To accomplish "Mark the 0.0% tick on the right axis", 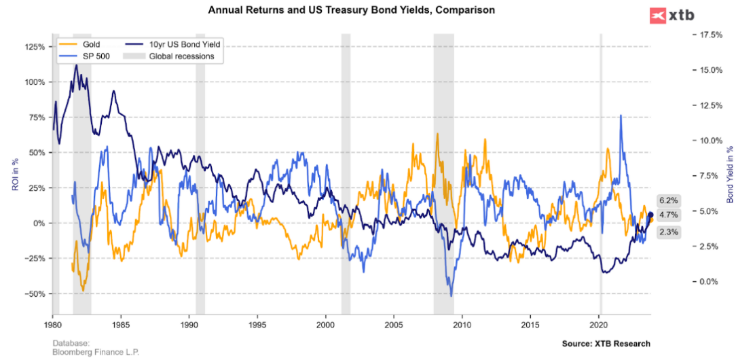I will (710, 281).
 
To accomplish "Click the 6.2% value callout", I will (669, 200).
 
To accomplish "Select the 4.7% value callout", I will (669, 215).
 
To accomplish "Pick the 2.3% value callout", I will (669, 232).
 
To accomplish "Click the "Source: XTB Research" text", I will (606, 344).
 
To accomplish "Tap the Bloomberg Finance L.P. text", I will (96, 353).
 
